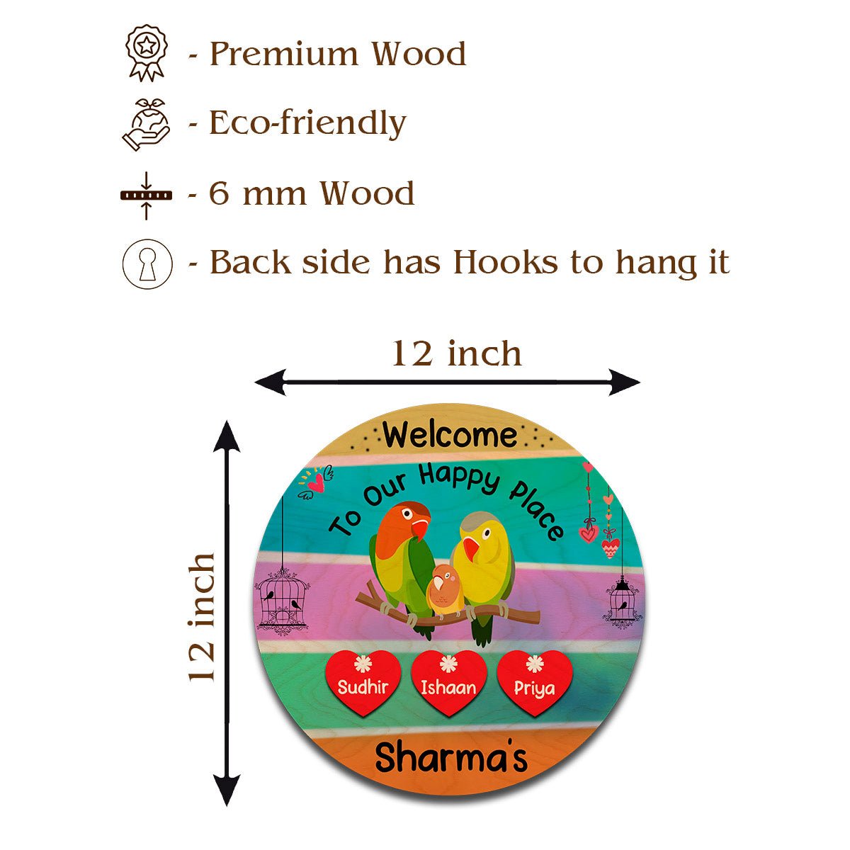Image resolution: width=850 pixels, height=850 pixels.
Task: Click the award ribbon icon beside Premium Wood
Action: tap(147, 53)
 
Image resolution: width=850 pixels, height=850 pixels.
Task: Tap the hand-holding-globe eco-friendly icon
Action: tap(147, 125)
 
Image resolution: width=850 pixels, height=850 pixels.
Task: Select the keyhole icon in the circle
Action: tap(147, 264)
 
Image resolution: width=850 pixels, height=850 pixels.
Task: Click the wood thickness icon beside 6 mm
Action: tap(147, 195)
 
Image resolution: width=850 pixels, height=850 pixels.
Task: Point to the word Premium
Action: tap(283, 55)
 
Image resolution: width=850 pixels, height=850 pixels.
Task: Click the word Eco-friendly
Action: tap(307, 123)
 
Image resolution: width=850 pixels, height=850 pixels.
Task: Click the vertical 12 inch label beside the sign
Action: tap(202, 618)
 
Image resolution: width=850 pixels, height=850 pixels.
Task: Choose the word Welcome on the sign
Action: tap(450, 434)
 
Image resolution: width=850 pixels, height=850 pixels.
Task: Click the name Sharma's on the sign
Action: tap(450, 757)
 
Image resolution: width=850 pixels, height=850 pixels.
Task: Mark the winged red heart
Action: tap(316, 483)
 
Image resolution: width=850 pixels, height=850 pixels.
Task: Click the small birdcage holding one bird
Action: tap(622, 601)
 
